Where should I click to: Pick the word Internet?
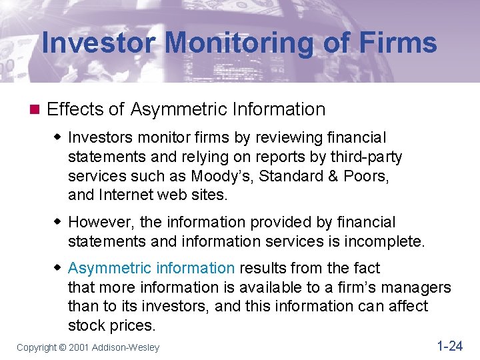[x=127, y=195]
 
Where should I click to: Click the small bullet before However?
[x=58, y=222]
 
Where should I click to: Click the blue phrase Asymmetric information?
[x=151, y=268]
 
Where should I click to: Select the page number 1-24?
[x=449, y=345]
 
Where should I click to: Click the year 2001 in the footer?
[x=79, y=347]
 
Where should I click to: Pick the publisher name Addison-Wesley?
[x=126, y=347]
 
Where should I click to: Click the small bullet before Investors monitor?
[x=58, y=137]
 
